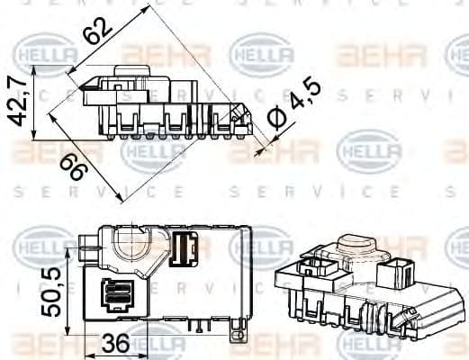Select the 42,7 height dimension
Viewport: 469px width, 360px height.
15,103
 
